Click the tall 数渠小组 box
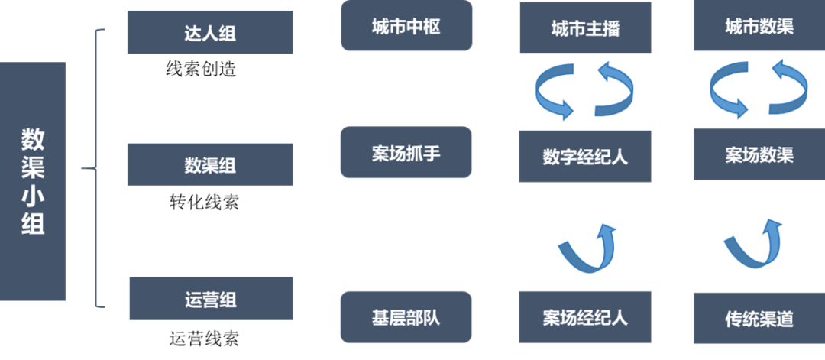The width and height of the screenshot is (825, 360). (x=33, y=181)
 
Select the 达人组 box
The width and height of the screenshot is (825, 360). (x=210, y=32)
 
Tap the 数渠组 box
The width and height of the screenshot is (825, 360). (x=210, y=164)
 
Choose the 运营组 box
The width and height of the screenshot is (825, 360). (x=210, y=298)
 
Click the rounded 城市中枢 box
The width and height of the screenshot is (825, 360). (x=406, y=26)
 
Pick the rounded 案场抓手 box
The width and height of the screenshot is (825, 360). (x=406, y=152)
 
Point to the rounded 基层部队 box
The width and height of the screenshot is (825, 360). (x=406, y=316)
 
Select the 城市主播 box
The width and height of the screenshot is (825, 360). (x=585, y=28)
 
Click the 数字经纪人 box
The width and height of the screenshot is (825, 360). (x=585, y=156)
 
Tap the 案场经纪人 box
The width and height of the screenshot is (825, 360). (x=585, y=316)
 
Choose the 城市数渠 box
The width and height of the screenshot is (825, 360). (x=759, y=26)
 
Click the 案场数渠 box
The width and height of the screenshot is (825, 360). (x=759, y=154)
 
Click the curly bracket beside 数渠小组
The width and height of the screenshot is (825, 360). (x=95, y=168)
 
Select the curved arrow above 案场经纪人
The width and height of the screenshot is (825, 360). (x=585, y=248)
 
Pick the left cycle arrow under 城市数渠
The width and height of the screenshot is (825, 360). (x=730, y=89)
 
